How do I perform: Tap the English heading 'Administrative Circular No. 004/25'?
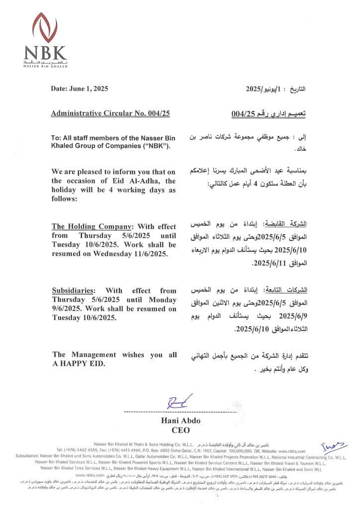click(110, 114)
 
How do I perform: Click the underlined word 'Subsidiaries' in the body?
click(74, 291)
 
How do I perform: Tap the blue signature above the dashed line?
click(180, 402)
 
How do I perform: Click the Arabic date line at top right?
click(275, 89)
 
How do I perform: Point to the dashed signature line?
click(180, 412)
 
